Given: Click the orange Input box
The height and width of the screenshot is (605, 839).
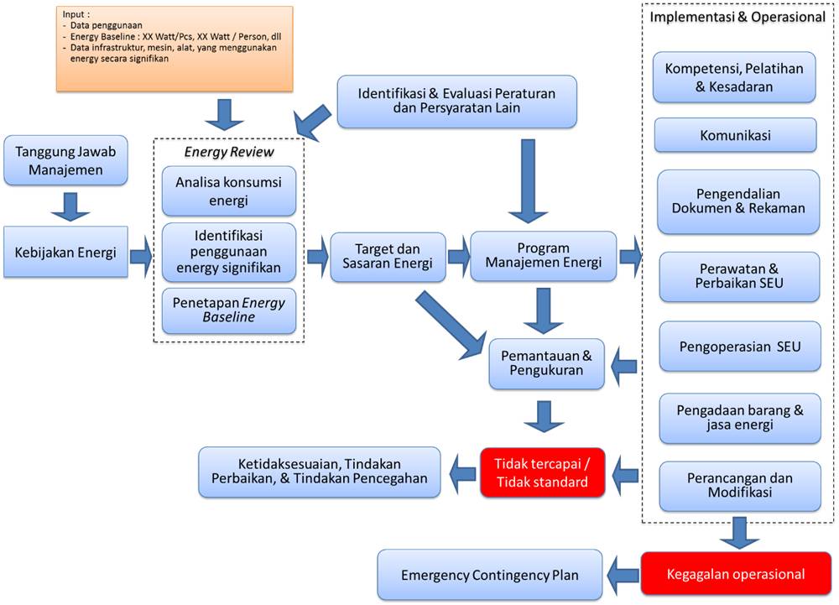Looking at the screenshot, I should click(x=175, y=49).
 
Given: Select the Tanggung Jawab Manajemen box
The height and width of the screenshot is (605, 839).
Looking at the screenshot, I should click(x=65, y=160).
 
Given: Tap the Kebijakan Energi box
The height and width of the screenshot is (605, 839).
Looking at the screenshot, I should click(x=65, y=250).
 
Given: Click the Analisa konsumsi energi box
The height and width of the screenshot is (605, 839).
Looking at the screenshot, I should click(x=229, y=191).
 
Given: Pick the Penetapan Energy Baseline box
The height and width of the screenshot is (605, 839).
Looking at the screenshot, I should click(x=229, y=310).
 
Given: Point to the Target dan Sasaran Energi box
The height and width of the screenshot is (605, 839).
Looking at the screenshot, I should click(x=388, y=257).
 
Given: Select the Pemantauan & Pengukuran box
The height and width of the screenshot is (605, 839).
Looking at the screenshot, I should click(x=546, y=362).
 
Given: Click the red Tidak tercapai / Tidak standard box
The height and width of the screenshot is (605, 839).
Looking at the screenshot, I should click(x=542, y=472).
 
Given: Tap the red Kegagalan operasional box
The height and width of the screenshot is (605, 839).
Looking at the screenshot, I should click(x=735, y=575).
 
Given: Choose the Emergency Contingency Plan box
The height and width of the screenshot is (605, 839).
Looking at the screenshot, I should click(x=490, y=575).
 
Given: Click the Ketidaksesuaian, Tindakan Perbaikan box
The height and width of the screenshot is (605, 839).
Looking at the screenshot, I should click(x=320, y=472).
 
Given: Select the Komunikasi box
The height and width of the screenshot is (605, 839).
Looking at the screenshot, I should click(x=735, y=135).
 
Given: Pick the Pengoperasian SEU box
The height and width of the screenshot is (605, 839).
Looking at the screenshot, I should click(x=740, y=346).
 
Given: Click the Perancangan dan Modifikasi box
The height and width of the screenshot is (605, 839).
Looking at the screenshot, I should click(x=739, y=486).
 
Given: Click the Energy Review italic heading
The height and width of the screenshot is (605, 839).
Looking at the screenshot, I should click(x=229, y=152).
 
